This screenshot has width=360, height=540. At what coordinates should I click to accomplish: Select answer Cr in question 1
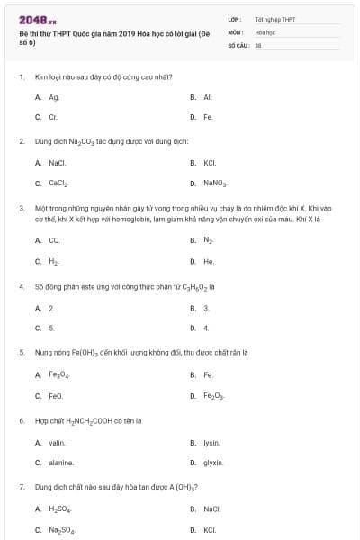point(53,117)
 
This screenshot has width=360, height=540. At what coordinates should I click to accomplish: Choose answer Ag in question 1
point(54,96)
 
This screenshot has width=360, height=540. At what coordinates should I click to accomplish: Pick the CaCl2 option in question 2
point(58,183)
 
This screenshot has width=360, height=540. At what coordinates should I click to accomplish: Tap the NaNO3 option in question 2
point(214,183)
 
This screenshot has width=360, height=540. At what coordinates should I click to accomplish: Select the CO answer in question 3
point(54,240)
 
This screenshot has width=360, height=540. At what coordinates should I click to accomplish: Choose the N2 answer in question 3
point(208,240)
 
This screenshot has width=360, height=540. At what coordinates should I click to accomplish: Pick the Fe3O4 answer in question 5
point(58,374)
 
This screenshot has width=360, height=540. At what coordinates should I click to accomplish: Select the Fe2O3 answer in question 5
point(213,396)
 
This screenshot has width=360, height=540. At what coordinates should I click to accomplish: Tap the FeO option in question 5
point(56,396)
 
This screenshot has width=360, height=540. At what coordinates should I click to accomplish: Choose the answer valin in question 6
point(57,442)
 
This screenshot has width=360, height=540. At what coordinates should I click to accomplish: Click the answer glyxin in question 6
point(212,463)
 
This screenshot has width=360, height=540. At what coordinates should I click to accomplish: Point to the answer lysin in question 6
point(211,442)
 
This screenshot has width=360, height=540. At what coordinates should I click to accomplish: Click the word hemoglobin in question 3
point(116,219)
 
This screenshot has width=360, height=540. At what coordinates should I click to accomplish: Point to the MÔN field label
point(235,31)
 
